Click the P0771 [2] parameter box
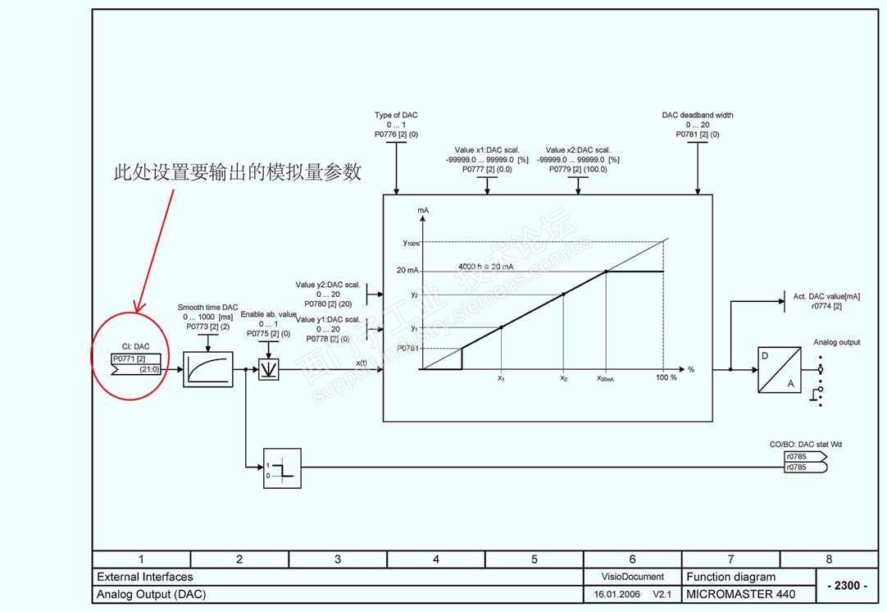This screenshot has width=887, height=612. point(130,359)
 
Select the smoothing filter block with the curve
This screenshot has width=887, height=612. point(207,369)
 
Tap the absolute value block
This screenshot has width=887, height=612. point(269,370)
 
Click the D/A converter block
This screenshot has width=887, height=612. point(779,369)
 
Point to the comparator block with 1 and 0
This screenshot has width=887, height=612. point(282,468)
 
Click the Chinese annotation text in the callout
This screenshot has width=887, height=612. point(237,173)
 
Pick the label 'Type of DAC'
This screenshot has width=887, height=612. point(396,116)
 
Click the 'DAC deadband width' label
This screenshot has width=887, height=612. point(698,116)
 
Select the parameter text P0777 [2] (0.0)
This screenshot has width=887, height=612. point(487,169)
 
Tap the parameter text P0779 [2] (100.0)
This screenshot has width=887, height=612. point(578,169)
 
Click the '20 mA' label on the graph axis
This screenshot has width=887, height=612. point(407,270)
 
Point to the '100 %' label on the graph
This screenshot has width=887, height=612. point(666,378)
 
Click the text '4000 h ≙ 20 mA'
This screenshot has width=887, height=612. point(487,267)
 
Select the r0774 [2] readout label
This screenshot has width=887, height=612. point(826,306)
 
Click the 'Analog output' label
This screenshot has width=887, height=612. point(836,342)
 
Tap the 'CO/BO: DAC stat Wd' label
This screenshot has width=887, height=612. point(805,445)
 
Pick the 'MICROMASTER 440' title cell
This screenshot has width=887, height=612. point(730,594)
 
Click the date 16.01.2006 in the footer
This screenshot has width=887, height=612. point(616,594)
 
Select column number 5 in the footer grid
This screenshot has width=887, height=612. point(534,559)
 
